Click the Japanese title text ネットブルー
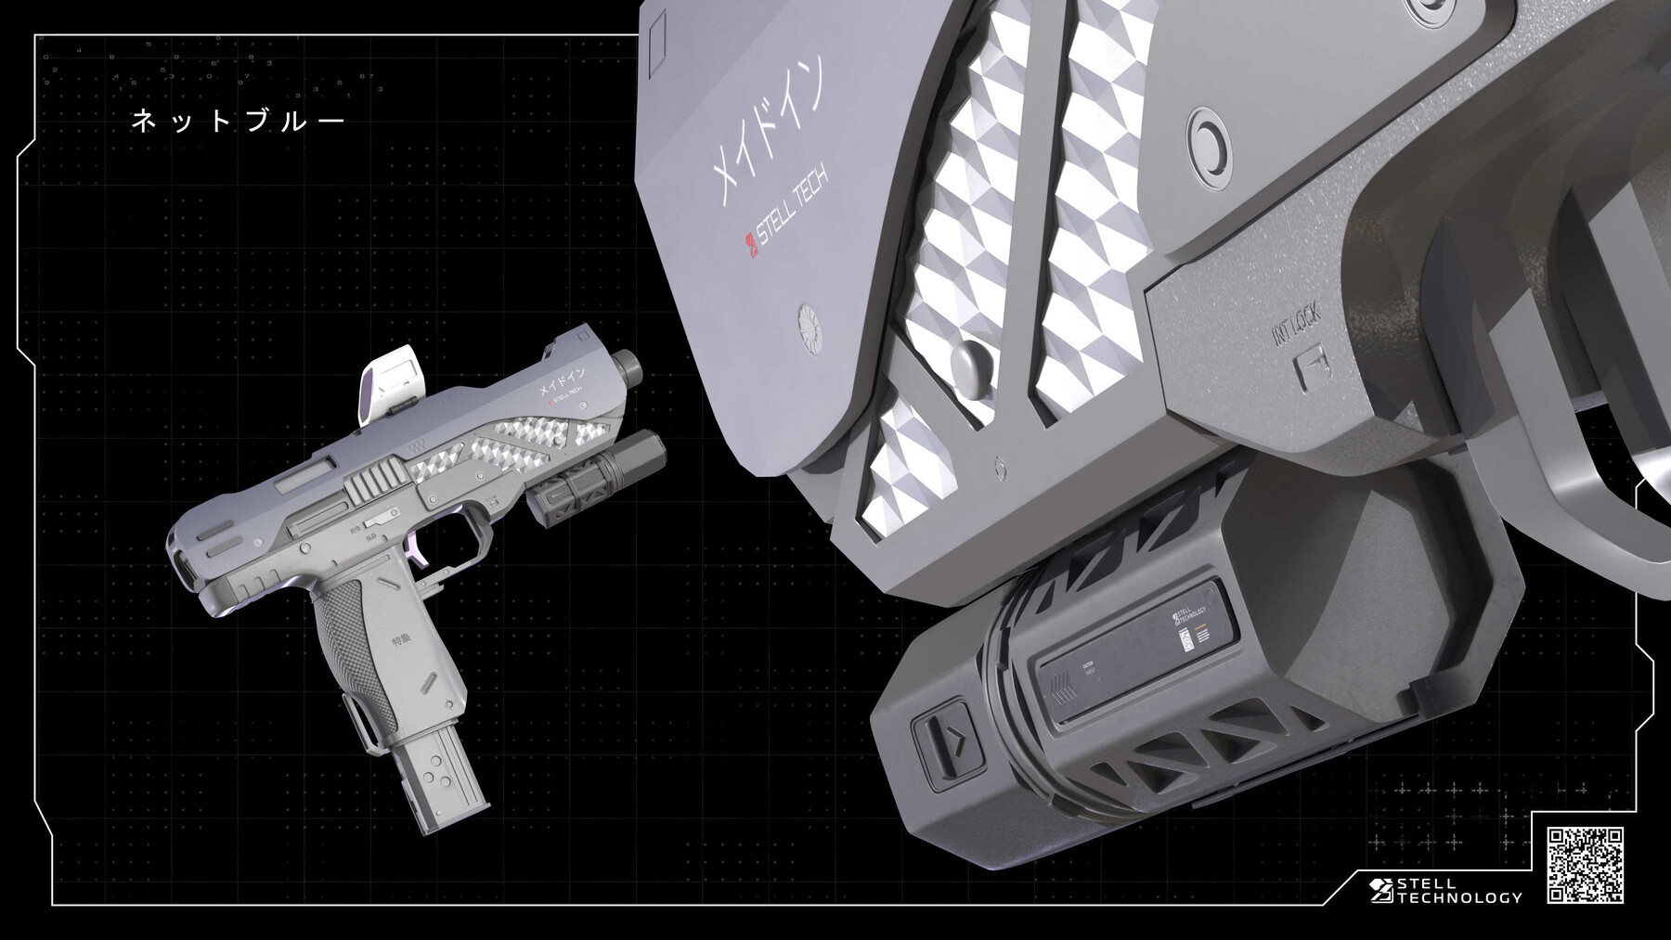(x=238, y=122)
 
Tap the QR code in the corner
(x=1585, y=865)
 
